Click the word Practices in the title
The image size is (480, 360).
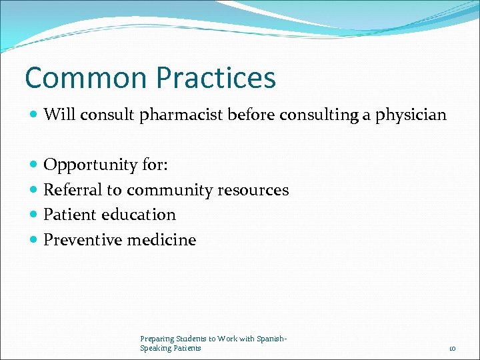(x=215, y=78)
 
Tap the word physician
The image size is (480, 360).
(x=411, y=115)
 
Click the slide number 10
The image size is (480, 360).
(x=452, y=349)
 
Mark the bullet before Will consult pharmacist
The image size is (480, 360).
(x=34, y=115)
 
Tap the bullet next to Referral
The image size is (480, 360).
(x=34, y=190)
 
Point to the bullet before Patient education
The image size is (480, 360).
(x=34, y=215)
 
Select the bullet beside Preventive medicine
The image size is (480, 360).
(x=34, y=240)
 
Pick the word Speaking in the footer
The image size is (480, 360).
(x=155, y=348)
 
